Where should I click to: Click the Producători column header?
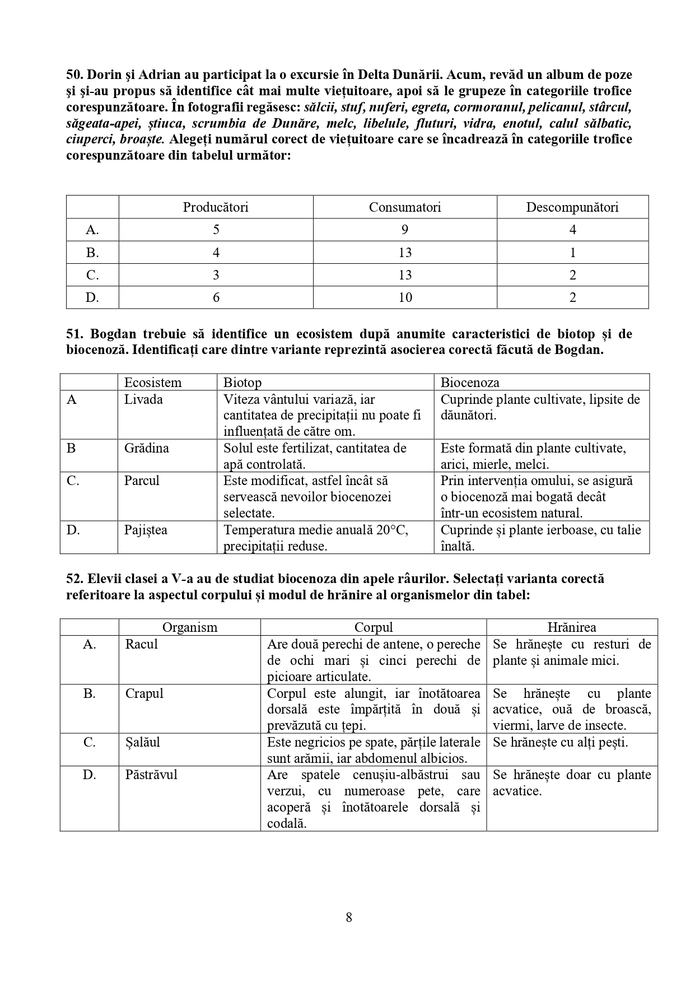[x=216, y=207]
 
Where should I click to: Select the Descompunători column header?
[x=572, y=207]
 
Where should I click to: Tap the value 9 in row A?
[x=405, y=230]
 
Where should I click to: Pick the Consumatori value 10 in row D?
[x=405, y=297]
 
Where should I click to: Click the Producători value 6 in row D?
[x=216, y=297]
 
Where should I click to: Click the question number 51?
[x=74, y=334]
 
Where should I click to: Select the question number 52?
[x=74, y=579]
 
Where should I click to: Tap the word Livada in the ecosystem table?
[x=143, y=399]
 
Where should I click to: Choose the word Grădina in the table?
[x=146, y=448]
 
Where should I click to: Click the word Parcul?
[x=142, y=481]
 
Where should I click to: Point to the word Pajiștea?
[x=146, y=530]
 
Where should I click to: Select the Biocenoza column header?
[x=470, y=383]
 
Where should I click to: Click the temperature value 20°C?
[x=392, y=530]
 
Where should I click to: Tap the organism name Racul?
[x=142, y=644]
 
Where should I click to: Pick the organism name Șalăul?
[x=143, y=742]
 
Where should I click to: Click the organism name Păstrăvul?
[x=151, y=775]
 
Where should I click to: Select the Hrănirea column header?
[x=572, y=627]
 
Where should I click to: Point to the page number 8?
[x=349, y=917]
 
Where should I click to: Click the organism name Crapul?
[x=144, y=693]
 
